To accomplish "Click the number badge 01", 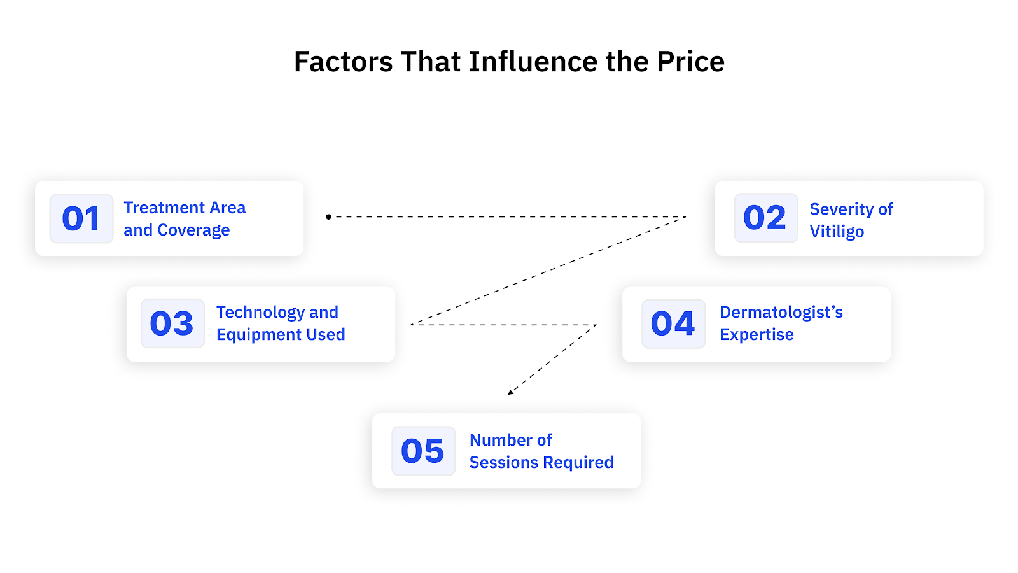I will pos(81,218).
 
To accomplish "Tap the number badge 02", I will pos(765,218).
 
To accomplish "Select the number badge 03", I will pos(172,323).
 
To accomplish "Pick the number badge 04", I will pos(673,323).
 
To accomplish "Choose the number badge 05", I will pos(423,451).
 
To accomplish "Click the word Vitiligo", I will pos(837,231).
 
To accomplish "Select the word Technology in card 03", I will pos(260,312).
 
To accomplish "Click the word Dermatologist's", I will pos(781,312).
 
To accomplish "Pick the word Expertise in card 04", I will pos(757,334).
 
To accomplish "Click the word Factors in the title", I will pos(344,62).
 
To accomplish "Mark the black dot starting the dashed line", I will pos(328,217).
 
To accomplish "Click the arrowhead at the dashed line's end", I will pos(510,392).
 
